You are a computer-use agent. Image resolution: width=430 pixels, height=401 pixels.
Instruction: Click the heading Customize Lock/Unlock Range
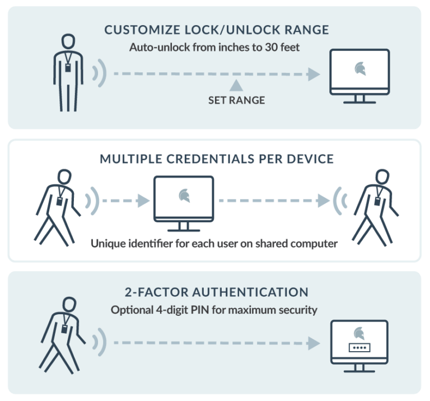214,30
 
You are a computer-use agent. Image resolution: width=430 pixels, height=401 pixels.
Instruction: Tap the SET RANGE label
236,101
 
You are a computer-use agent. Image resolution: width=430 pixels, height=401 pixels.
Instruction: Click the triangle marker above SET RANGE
236,85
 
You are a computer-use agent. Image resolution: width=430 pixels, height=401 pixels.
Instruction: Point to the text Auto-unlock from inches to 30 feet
214,48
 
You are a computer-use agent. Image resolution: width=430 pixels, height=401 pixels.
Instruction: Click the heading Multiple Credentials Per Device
216,159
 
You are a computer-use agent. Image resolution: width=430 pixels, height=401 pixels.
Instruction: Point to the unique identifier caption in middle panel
213,244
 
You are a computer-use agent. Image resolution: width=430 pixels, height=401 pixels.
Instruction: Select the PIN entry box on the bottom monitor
359,347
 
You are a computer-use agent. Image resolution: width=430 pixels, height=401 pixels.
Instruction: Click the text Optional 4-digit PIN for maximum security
214,310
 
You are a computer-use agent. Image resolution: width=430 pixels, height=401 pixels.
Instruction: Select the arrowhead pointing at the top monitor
314,74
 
